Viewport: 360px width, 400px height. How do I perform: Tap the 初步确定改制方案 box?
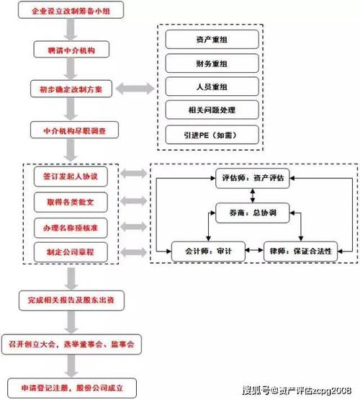tap(70, 90)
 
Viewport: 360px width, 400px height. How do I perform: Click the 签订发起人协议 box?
tap(70, 175)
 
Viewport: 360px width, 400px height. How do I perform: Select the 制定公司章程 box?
tap(70, 252)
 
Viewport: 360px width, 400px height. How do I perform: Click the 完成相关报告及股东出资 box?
tap(70, 298)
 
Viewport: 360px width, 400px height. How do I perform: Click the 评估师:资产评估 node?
tap(252, 178)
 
